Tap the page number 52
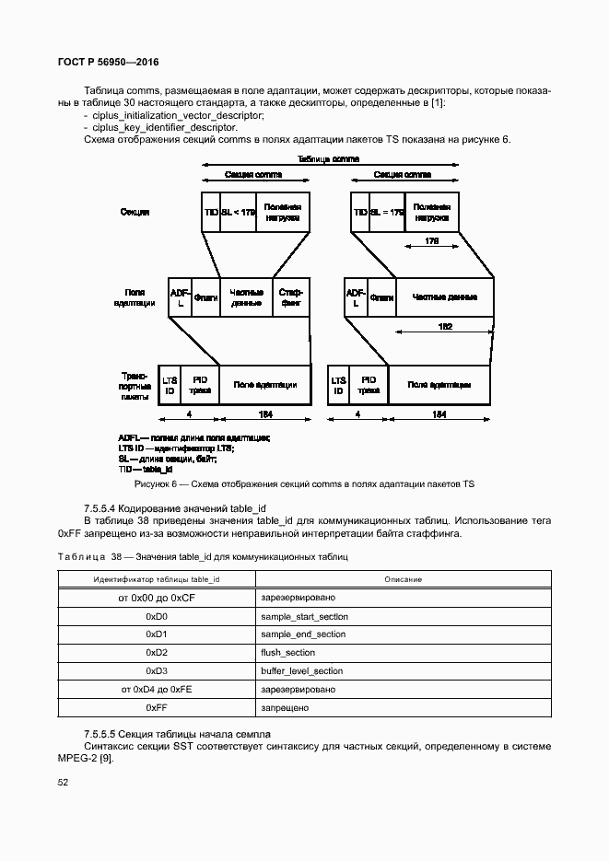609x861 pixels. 64,782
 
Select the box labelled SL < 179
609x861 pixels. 238,213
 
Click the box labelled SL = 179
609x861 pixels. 387,213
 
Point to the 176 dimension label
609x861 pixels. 431,241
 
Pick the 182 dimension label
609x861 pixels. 445,326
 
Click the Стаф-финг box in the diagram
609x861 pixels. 291,297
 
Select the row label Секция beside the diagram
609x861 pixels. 135,213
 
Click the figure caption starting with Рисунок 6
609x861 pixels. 304,483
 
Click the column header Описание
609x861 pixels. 399,579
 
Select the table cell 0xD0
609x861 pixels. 156,616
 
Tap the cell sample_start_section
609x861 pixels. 303,616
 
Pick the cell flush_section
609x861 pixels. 288,653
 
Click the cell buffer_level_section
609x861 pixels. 301,671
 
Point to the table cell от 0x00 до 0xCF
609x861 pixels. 156,598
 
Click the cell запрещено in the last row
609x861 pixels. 284,708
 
